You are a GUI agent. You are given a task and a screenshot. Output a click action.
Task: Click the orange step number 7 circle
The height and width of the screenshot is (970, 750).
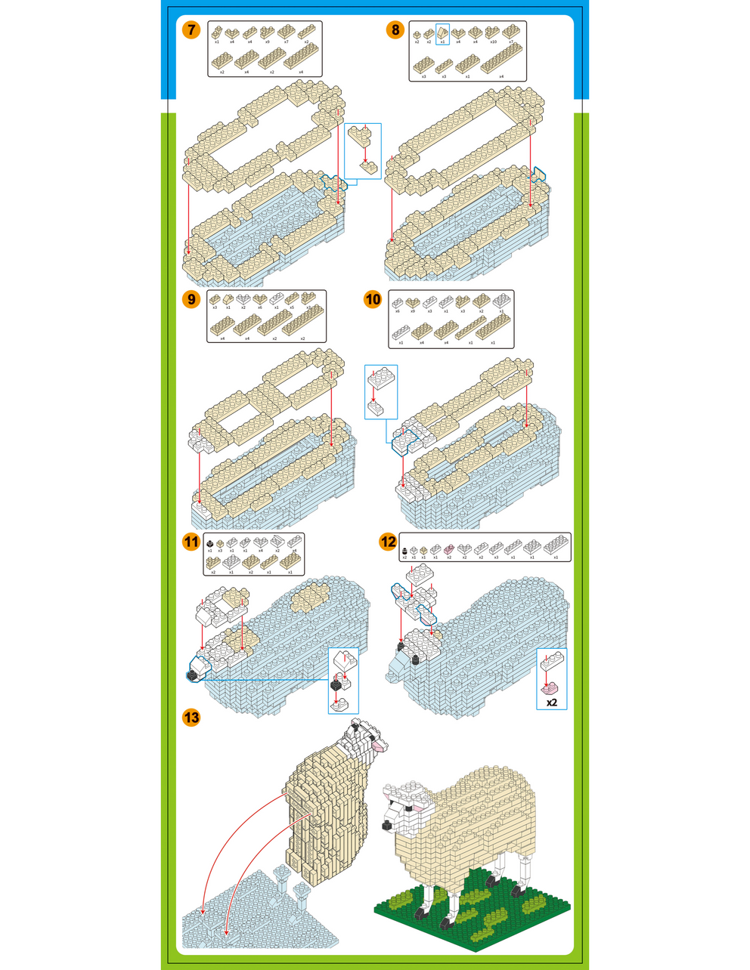191,30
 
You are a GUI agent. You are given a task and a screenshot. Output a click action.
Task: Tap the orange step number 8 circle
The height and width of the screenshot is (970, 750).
395,30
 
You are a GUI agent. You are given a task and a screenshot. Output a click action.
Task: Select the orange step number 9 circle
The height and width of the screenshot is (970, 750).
191,299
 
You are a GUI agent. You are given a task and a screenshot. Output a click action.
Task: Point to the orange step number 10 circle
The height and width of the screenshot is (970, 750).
373,299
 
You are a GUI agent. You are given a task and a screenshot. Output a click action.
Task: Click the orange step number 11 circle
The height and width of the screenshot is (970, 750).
191,542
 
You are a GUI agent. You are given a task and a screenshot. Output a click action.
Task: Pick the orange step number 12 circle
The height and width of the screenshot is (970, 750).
388,542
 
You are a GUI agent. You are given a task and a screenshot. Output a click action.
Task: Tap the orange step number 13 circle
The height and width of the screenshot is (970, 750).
191,717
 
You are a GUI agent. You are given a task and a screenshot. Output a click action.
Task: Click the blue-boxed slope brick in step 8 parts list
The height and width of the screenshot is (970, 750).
442,32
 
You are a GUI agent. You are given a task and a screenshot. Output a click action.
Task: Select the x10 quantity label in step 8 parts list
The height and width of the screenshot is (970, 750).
493,42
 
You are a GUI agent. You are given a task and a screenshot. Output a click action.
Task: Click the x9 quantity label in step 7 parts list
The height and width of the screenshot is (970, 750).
268,42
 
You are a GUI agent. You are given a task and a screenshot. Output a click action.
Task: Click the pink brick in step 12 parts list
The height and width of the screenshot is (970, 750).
449,548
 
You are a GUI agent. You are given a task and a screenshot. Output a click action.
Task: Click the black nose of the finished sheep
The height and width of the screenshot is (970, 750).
386,825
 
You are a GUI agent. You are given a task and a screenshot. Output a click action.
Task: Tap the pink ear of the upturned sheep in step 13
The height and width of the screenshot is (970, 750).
380,747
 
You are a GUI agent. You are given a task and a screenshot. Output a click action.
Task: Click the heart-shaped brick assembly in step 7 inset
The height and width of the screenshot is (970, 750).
359,137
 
